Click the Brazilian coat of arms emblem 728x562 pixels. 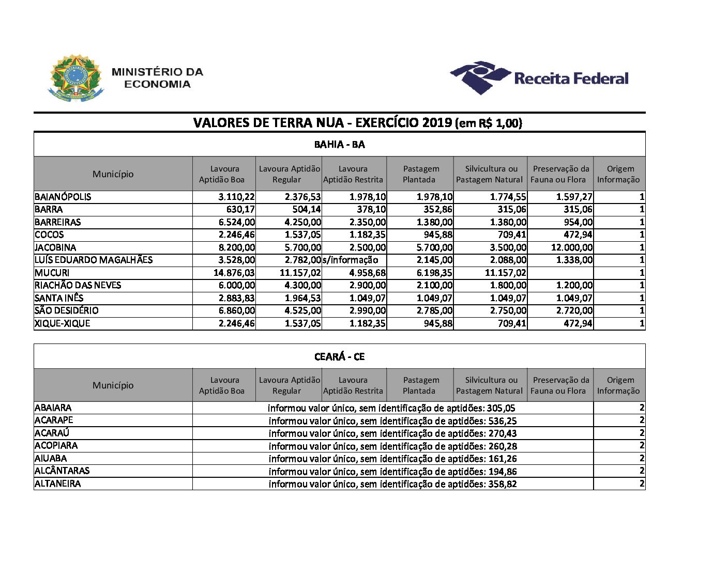coord(76,77)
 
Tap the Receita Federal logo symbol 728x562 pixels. coord(480,77)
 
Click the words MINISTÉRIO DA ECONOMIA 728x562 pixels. coord(157,78)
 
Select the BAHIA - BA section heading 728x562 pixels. coord(339,145)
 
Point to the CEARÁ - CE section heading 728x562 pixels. coord(339,357)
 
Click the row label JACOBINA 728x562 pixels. coord(55,247)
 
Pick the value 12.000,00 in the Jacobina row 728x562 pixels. coord(572,247)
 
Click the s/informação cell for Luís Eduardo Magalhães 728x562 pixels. coord(354,260)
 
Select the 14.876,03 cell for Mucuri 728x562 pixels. coord(234,273)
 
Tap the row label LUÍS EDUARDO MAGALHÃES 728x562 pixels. coord(94,260)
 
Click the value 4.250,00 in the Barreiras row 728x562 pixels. coord(303,222)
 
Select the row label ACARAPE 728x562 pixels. coord(54,420)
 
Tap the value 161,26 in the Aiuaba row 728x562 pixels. coord(502,459)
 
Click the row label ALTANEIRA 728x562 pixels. coord(57,484)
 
